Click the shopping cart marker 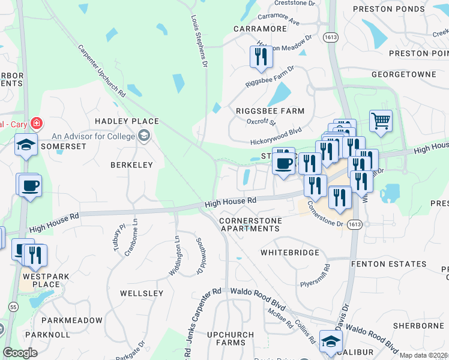pyautogui.click(x=381, y=121)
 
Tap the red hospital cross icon pyautogui.click(x=37, y=123)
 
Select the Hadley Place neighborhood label pyautogui.click(x=127, y=121)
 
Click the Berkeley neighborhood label pyautogui.click(x=131, y=164)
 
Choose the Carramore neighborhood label pyautogui.click(x=260, y=28)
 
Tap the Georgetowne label pyautogui.click(x=403, y=74)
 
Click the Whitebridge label pyautogui.click(x=289, y=253)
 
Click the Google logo pyautogui.click(x=20, y=353)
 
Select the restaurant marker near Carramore pyautogui.click(x=261, y=56)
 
